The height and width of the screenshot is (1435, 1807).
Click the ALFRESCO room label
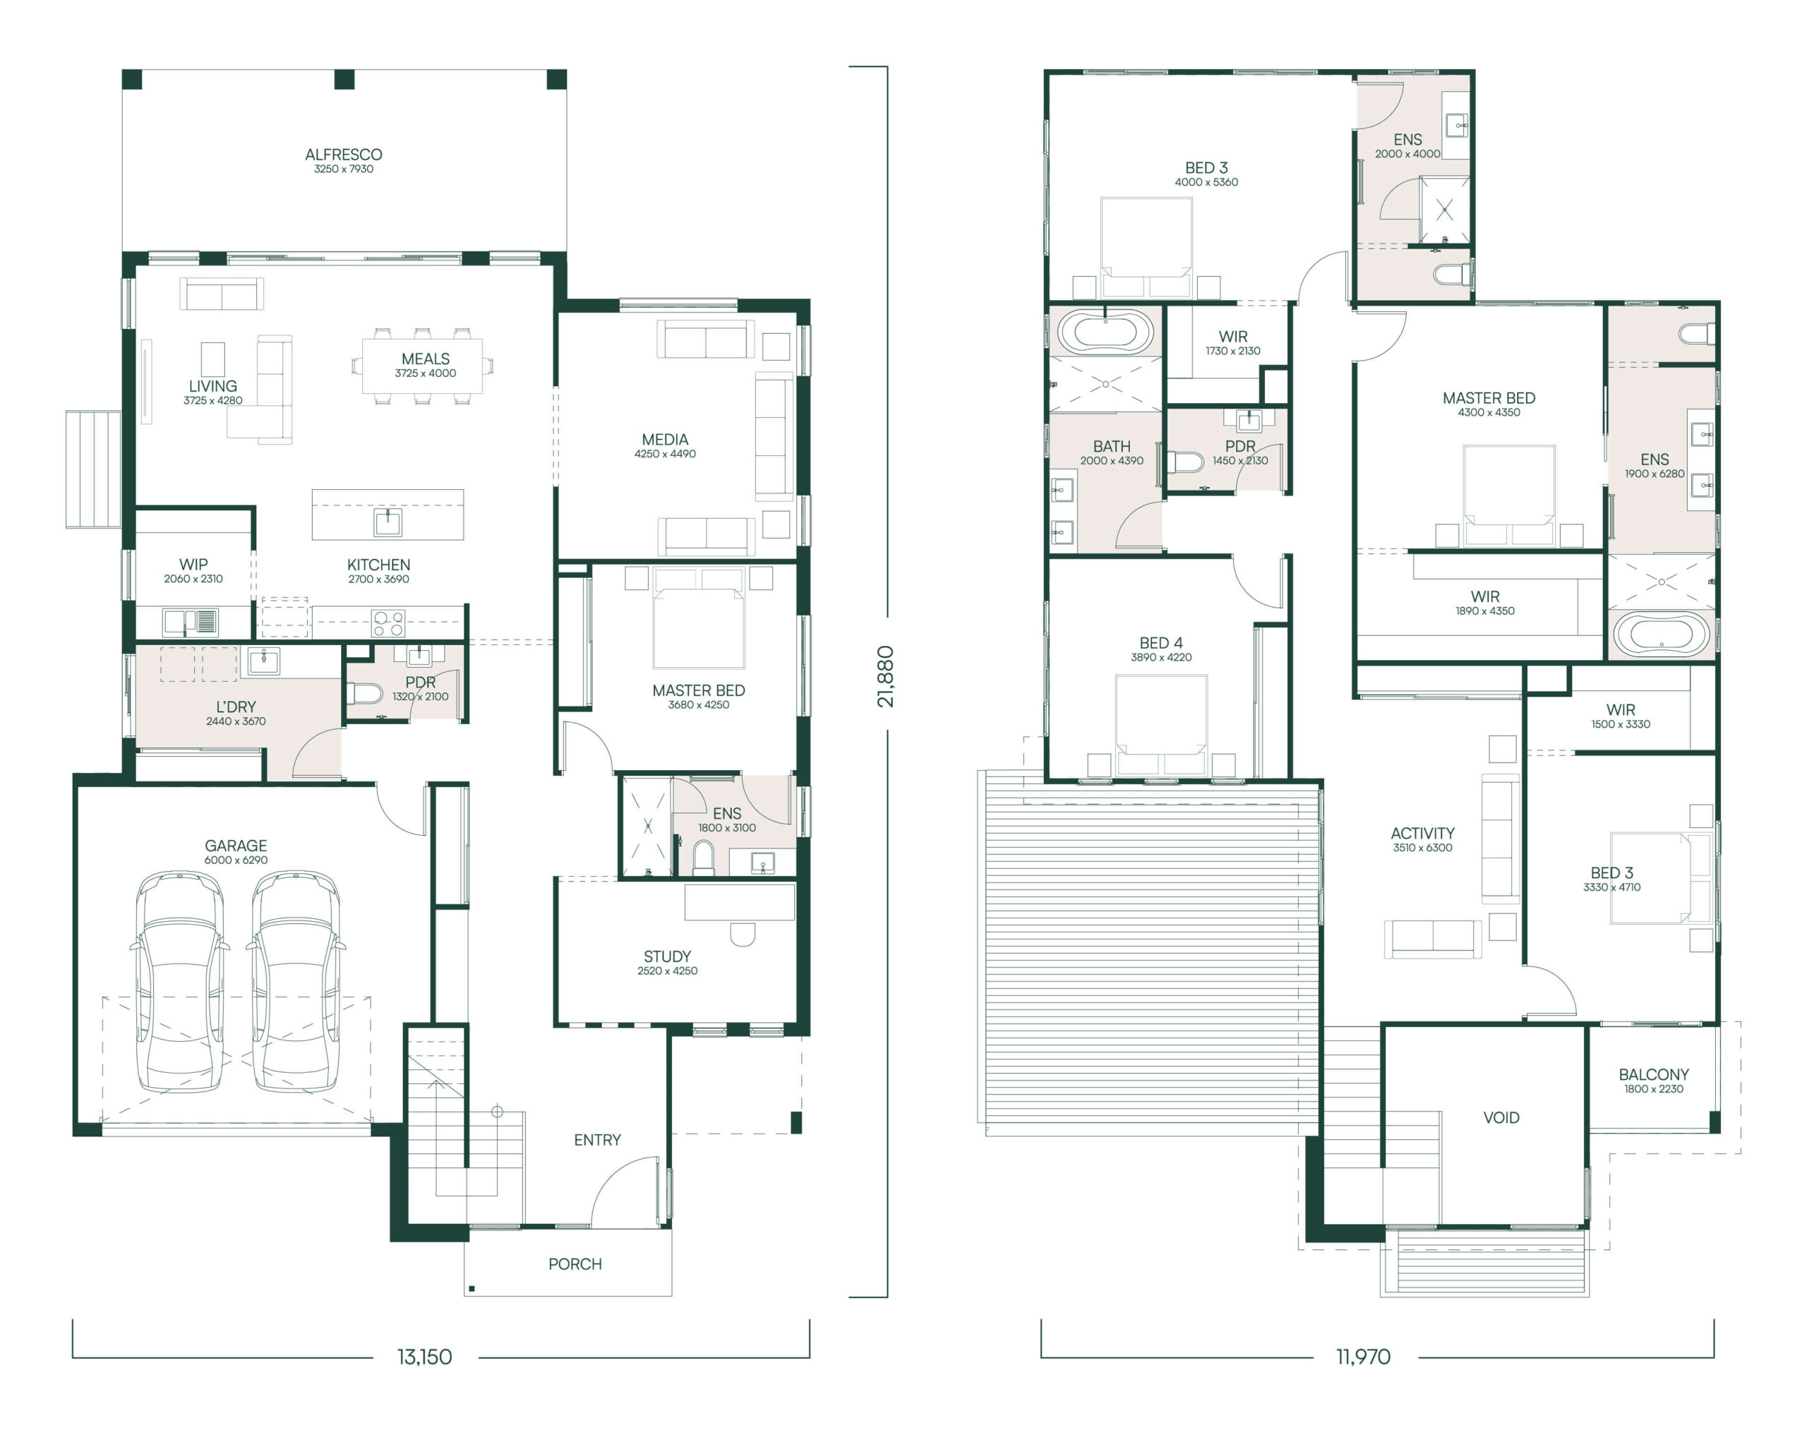344,154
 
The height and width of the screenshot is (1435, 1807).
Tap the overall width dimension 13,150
424,1356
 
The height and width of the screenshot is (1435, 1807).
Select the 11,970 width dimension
1363,1356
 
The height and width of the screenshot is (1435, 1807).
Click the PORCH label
575,1263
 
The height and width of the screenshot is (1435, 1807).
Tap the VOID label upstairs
1501,1117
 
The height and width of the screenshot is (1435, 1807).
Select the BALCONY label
1654,1074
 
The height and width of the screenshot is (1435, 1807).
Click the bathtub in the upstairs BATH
1105,332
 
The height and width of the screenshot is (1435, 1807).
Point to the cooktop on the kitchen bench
389,623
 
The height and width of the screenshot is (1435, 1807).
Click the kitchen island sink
388,522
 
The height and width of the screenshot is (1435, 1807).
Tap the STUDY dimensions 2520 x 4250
667,971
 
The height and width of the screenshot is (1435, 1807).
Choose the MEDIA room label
665,439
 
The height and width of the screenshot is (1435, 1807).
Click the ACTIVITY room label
1422,833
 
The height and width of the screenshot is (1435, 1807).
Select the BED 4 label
1161,642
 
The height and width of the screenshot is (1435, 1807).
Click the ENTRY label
598,1140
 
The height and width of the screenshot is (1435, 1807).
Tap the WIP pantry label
193,564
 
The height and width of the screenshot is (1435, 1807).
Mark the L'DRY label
236,707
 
